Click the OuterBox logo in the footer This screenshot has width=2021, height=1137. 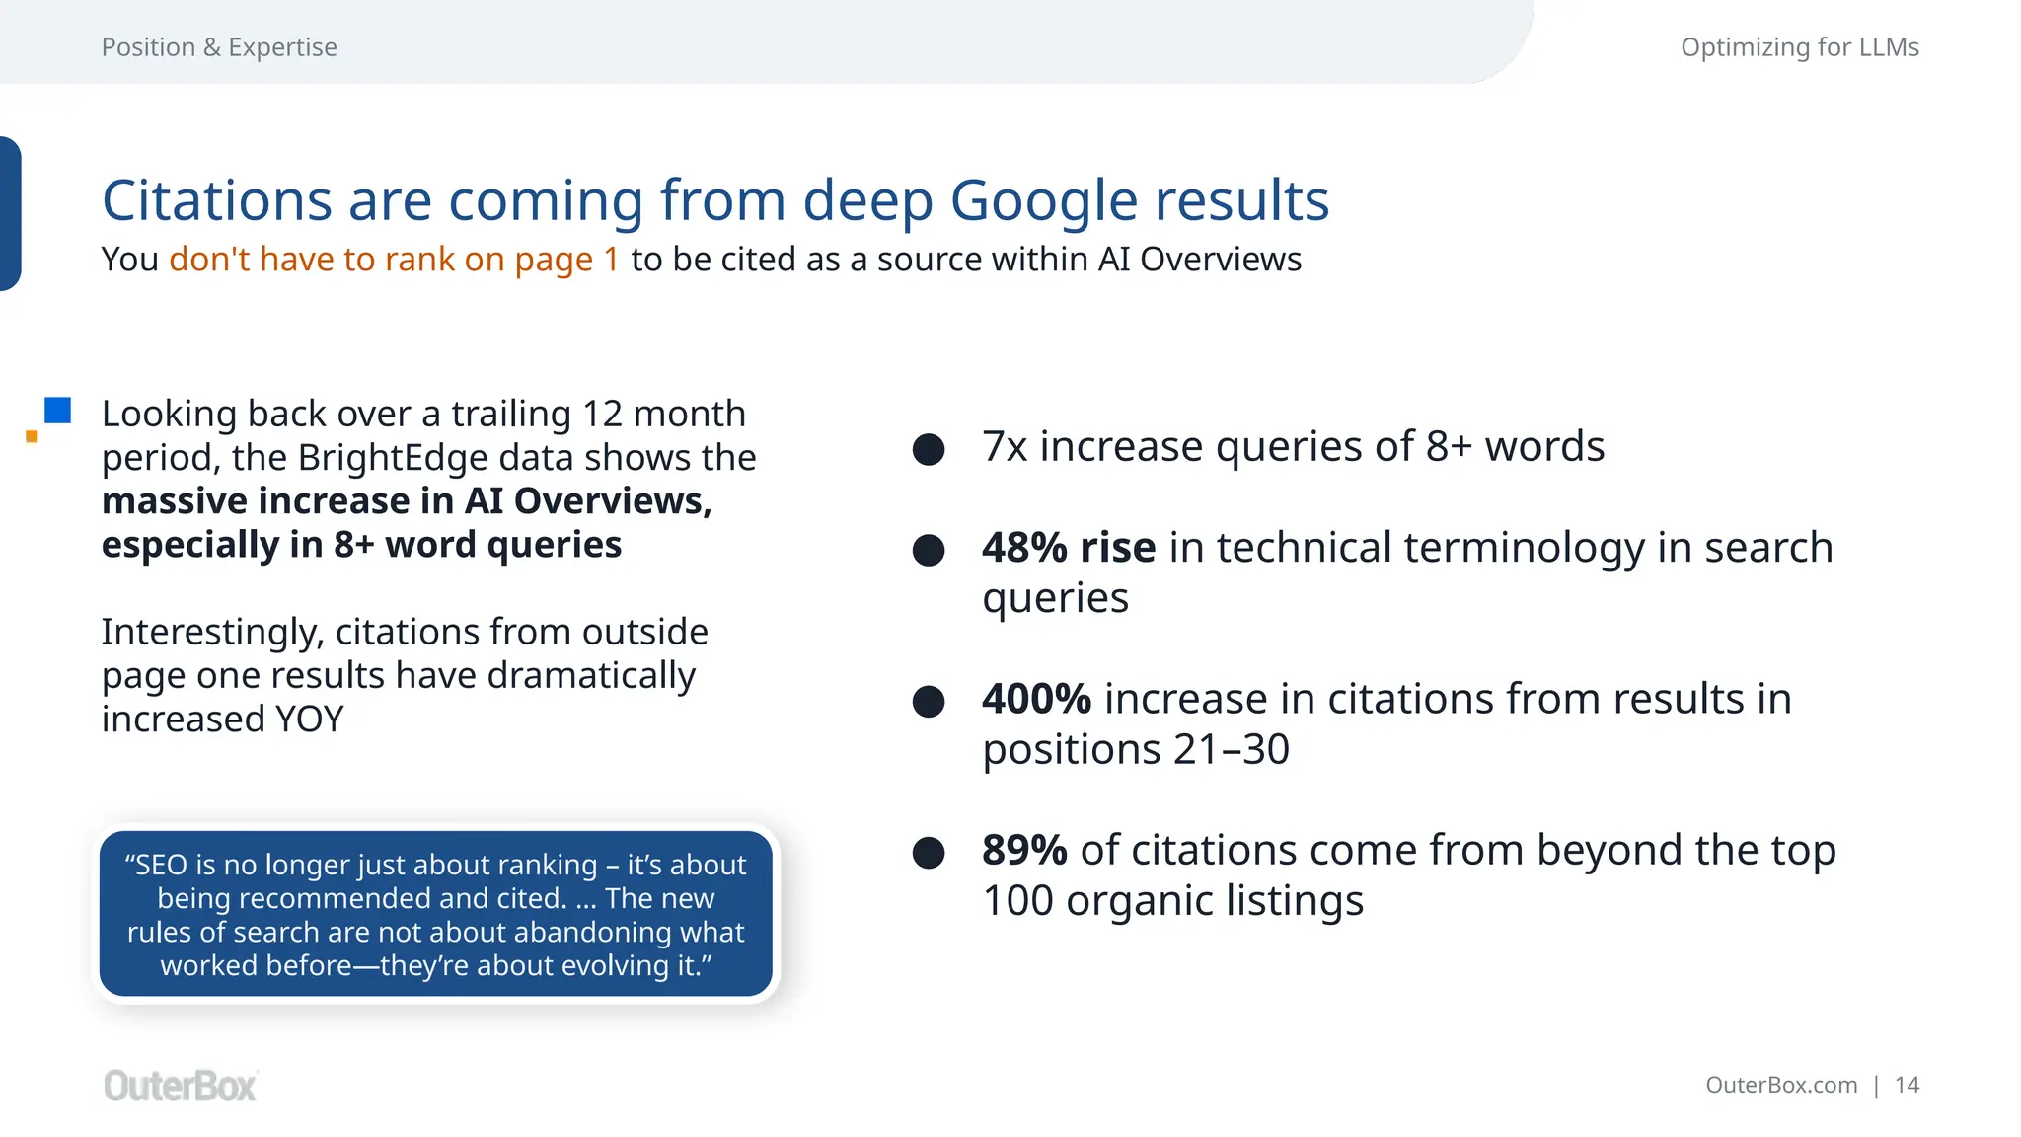point(180,1086)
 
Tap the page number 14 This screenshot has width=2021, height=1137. point(1907,1086)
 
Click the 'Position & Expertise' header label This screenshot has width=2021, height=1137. point(219,47)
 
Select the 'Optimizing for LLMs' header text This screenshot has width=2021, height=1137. point(1799,47)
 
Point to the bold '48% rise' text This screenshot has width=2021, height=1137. point(1068,548)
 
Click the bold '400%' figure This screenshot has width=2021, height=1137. point(1036,699)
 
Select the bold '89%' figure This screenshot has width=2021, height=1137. point(1024,850)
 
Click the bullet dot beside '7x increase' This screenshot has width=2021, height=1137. point(929,449)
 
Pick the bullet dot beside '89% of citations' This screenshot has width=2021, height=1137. point(929,853)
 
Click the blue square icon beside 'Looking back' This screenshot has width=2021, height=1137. point(58,411)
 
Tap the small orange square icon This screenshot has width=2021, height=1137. point(32,436)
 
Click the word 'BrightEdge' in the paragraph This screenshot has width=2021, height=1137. point(393,458)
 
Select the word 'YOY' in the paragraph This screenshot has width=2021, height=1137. point(309,720)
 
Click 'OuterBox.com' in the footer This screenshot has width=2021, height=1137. point(1780,1086)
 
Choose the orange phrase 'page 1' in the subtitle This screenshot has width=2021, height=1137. point(566,260)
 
